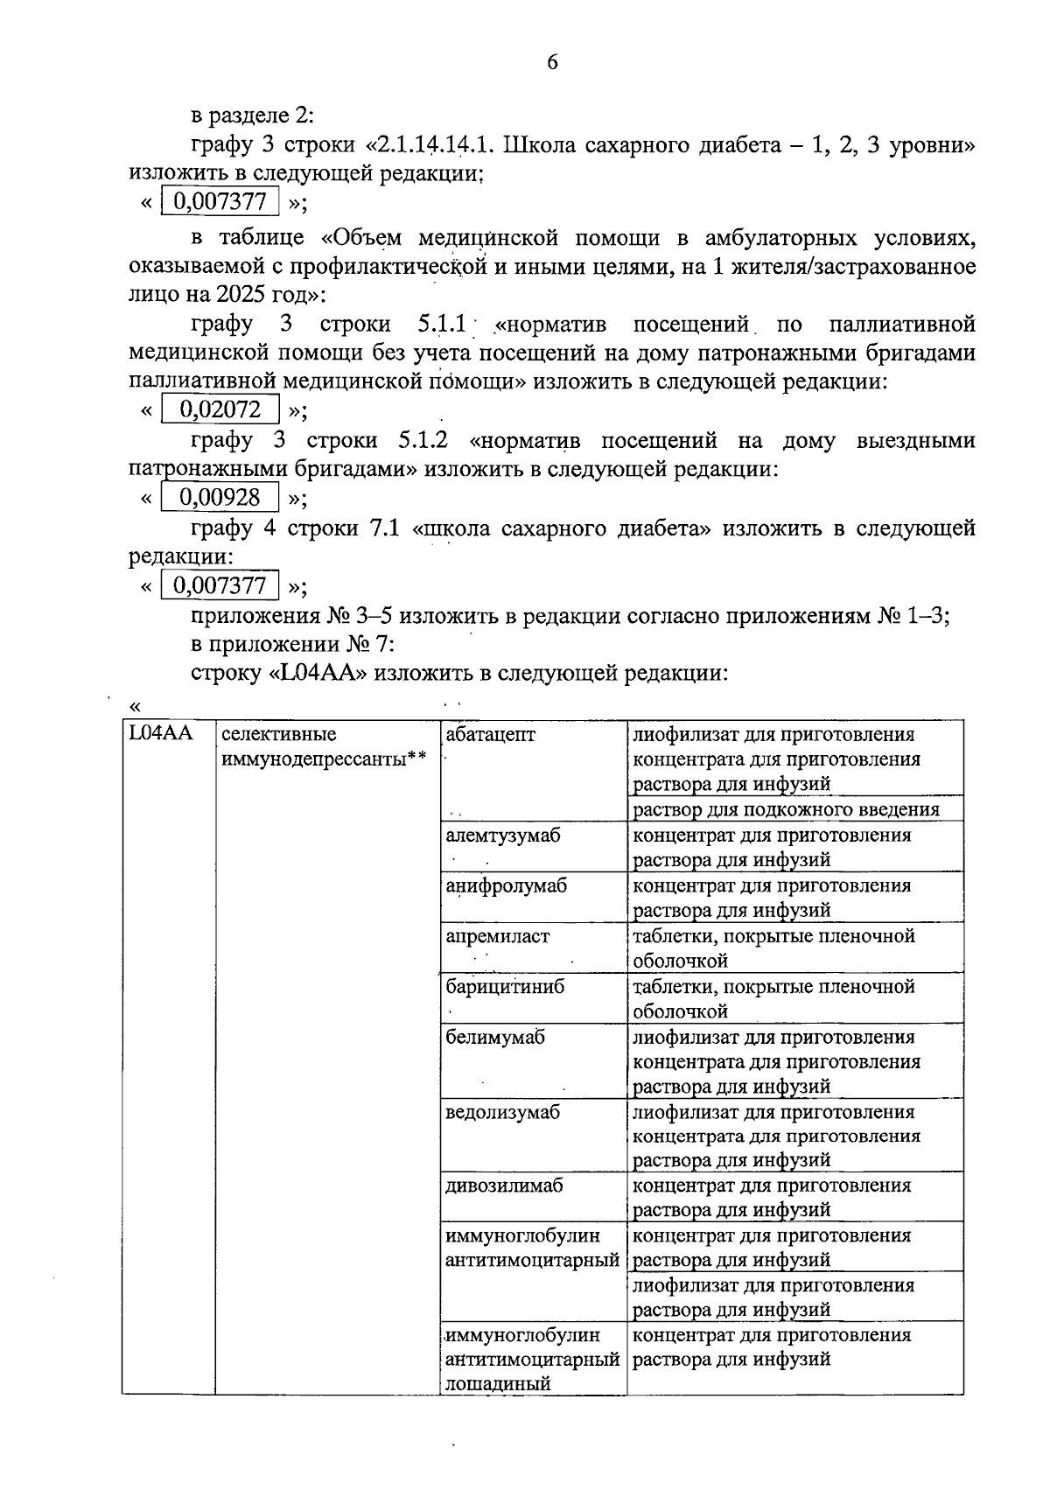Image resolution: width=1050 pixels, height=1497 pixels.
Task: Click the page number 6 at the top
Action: coord(551,63)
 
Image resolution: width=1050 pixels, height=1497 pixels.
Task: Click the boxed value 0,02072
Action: coord(220,409)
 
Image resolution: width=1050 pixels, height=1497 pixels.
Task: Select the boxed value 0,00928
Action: coord(220,498)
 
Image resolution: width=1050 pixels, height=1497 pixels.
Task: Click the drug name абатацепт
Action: coord(490,734)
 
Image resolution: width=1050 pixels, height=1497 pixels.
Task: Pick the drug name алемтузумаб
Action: coord(502,835)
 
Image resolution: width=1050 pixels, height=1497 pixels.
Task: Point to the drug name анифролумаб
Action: coord(506,885)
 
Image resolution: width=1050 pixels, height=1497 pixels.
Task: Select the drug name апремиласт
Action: coord(497,936)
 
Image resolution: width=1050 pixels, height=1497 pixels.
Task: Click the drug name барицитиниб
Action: coord(505,987)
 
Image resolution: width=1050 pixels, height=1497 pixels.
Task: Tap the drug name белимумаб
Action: coord(494,1038)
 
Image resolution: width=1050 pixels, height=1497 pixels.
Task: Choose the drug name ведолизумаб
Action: coord(502,1113)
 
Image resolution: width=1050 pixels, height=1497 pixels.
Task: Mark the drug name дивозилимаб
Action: coord(504,1186)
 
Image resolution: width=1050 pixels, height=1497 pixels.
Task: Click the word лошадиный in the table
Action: coord(498,1384)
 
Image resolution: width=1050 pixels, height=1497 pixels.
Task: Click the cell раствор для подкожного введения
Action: coord(786,809)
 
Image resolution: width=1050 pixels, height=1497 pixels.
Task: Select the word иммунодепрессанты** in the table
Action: coord(323,759)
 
